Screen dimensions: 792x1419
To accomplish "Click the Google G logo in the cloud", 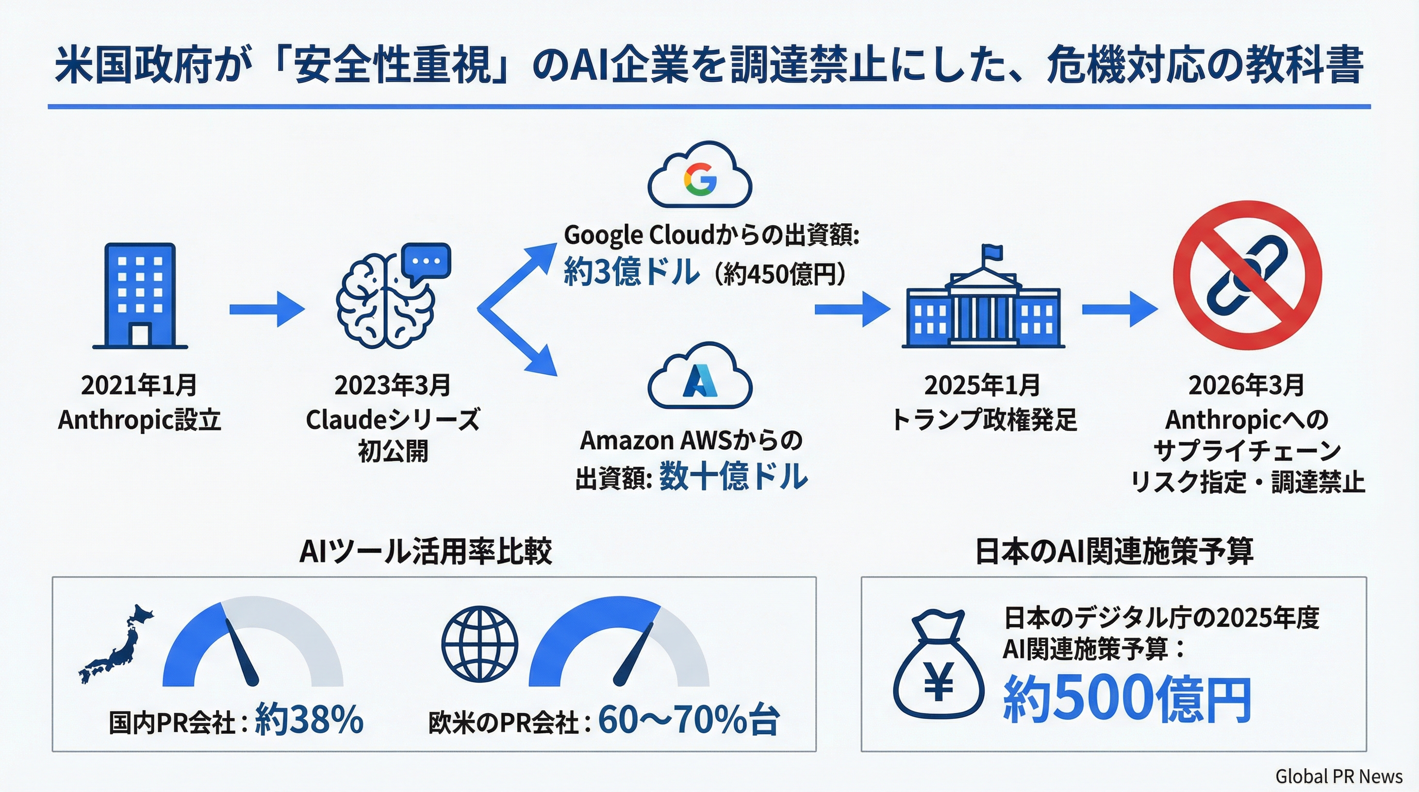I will (700, 179).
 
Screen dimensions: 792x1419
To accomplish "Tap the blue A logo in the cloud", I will (700, 381).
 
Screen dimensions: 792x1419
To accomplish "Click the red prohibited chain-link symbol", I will (1247, 275).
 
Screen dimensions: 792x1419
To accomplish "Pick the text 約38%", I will (309, 719).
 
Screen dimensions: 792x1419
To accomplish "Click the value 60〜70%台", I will (688, 719).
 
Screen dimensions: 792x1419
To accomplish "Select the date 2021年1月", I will (139, 386).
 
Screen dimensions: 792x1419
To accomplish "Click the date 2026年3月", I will (1246, 386).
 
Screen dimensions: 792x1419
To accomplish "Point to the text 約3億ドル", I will (631, 272).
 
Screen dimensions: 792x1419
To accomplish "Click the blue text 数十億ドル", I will (733, 477).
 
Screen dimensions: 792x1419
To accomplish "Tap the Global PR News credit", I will (1339, 777).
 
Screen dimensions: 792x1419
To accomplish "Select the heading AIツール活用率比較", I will (425, 551).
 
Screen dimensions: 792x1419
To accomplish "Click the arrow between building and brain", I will (267, 309).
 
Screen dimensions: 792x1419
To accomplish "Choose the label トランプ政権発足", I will (984, 420).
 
